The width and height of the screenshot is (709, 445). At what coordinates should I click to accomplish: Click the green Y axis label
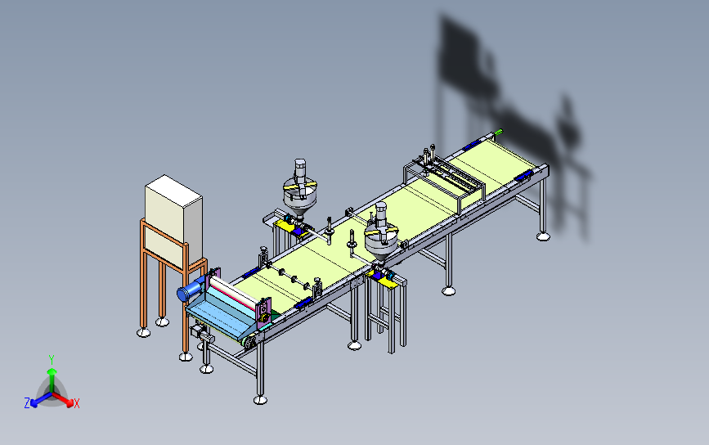click(51, 359)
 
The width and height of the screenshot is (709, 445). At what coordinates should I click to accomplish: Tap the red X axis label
click(77, 403)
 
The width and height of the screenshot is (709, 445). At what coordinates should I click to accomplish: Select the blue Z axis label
click(26, 403)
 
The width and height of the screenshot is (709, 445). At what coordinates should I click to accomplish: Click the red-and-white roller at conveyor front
click(234, 294)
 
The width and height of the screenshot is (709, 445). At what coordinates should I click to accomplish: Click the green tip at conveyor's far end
click(500, 130)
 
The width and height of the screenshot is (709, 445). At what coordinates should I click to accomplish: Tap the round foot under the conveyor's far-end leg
click(544, 237)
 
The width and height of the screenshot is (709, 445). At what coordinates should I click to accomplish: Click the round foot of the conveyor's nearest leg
click(260, 399)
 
